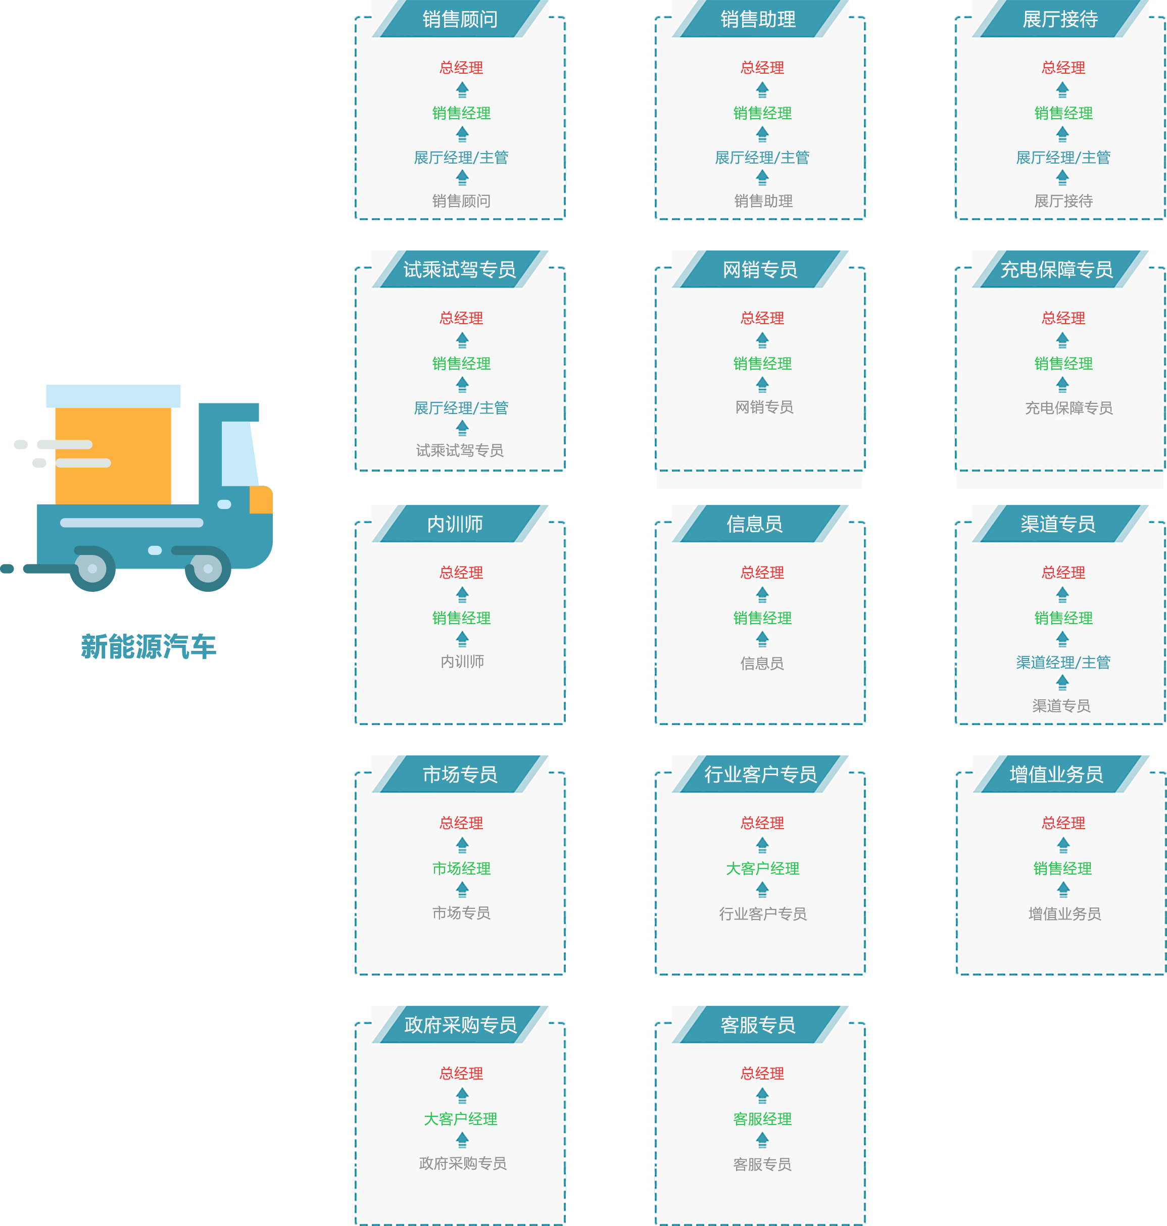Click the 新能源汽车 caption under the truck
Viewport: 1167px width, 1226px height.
point(148,646)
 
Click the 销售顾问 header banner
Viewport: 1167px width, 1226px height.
point(460,19)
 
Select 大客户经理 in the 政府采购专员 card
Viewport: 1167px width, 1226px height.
point(460,1119)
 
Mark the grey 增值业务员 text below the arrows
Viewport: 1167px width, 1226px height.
point(1064,913)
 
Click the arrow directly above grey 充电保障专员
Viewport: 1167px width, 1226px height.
point(1062,385)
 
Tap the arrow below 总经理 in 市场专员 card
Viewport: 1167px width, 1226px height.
point(462,845)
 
